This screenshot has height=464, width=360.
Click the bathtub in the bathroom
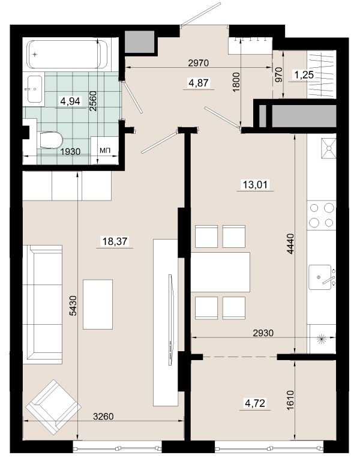coord(67,55)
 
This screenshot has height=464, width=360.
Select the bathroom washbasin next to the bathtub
coord(35,89)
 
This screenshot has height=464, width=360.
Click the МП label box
coord(104,150)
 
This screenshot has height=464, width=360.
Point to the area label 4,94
coord(70,101)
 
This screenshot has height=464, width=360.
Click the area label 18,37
coord(115,241)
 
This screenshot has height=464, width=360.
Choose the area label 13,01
coord(255,185)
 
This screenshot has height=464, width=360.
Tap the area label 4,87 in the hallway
coord(199,83)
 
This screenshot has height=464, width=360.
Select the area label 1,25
coord(304,75)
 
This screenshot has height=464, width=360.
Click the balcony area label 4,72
coord(255,403)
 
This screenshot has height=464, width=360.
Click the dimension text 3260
coord(103,417)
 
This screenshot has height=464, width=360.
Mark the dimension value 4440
coord(291,244)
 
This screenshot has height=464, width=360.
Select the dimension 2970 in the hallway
coord(199,63)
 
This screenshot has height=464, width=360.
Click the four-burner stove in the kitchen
coord(321,215)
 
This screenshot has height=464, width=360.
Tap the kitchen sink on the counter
coord(320,277)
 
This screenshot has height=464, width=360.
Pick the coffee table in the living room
coord(98,304)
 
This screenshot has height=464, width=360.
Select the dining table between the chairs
coord(220,273)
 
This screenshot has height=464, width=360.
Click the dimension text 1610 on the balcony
coord(290,400)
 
